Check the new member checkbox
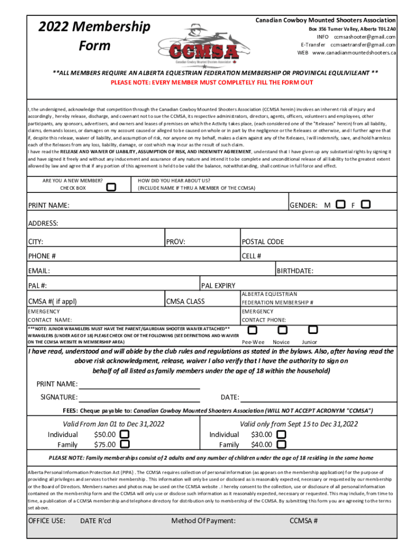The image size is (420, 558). pos(111,187)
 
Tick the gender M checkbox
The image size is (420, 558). pos(341,204)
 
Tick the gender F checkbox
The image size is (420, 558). pos(366,204)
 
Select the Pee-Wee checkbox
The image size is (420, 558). pos(253,330)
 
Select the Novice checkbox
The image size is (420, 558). pos(282,330)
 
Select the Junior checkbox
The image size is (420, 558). pos(313,330)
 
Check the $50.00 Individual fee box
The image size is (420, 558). pos(125,434)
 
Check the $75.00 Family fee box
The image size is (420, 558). pos(125,444)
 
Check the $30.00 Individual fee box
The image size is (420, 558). pos(281,434)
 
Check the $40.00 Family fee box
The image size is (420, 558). pos(281,444)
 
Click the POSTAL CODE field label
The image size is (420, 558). pos(263,242)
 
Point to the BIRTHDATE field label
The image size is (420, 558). pos(295,271)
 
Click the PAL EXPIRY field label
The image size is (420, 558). pos(218,285)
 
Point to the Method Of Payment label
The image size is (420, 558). pos(203,521)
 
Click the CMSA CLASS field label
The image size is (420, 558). pos(185,301)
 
